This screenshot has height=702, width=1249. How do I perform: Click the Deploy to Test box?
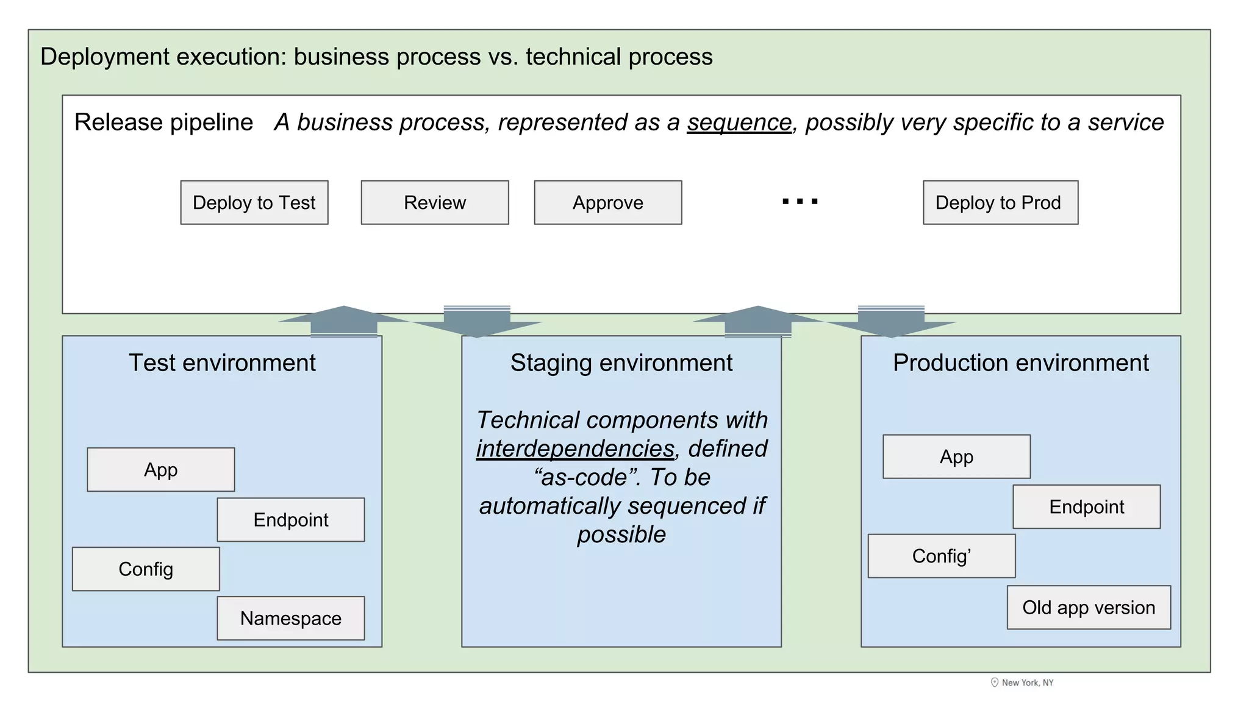pos(254,202)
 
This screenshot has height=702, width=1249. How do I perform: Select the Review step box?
pos(434,202)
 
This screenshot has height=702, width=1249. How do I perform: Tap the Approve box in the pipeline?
pos(607,202)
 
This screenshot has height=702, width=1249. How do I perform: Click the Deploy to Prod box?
pos(1000,202)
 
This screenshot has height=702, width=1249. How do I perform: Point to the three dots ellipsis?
pos(800,201)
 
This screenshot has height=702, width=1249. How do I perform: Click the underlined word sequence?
pos(739,122)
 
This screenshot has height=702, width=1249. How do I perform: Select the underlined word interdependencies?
pos(575,448)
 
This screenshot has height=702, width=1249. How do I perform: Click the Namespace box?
pos(290,618)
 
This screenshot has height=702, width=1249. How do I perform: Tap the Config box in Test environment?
pos(146,569)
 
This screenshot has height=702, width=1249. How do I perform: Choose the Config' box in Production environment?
pos(941,556)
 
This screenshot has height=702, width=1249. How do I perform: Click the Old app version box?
pos(1089,607)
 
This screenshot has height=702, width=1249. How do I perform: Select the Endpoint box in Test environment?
pos(290,519)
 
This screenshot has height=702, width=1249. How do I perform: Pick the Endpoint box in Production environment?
pos(1086,506)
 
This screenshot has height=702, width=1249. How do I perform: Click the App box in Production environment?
pos(956,456)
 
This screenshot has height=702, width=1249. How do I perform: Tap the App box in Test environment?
pos(160,469)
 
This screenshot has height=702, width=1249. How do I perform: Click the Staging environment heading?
pos(621,363)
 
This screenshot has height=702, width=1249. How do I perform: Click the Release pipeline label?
pos(163,122)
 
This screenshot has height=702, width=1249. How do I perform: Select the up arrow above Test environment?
pos(344,321)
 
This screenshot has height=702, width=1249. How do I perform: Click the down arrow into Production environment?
pos(891,322)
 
